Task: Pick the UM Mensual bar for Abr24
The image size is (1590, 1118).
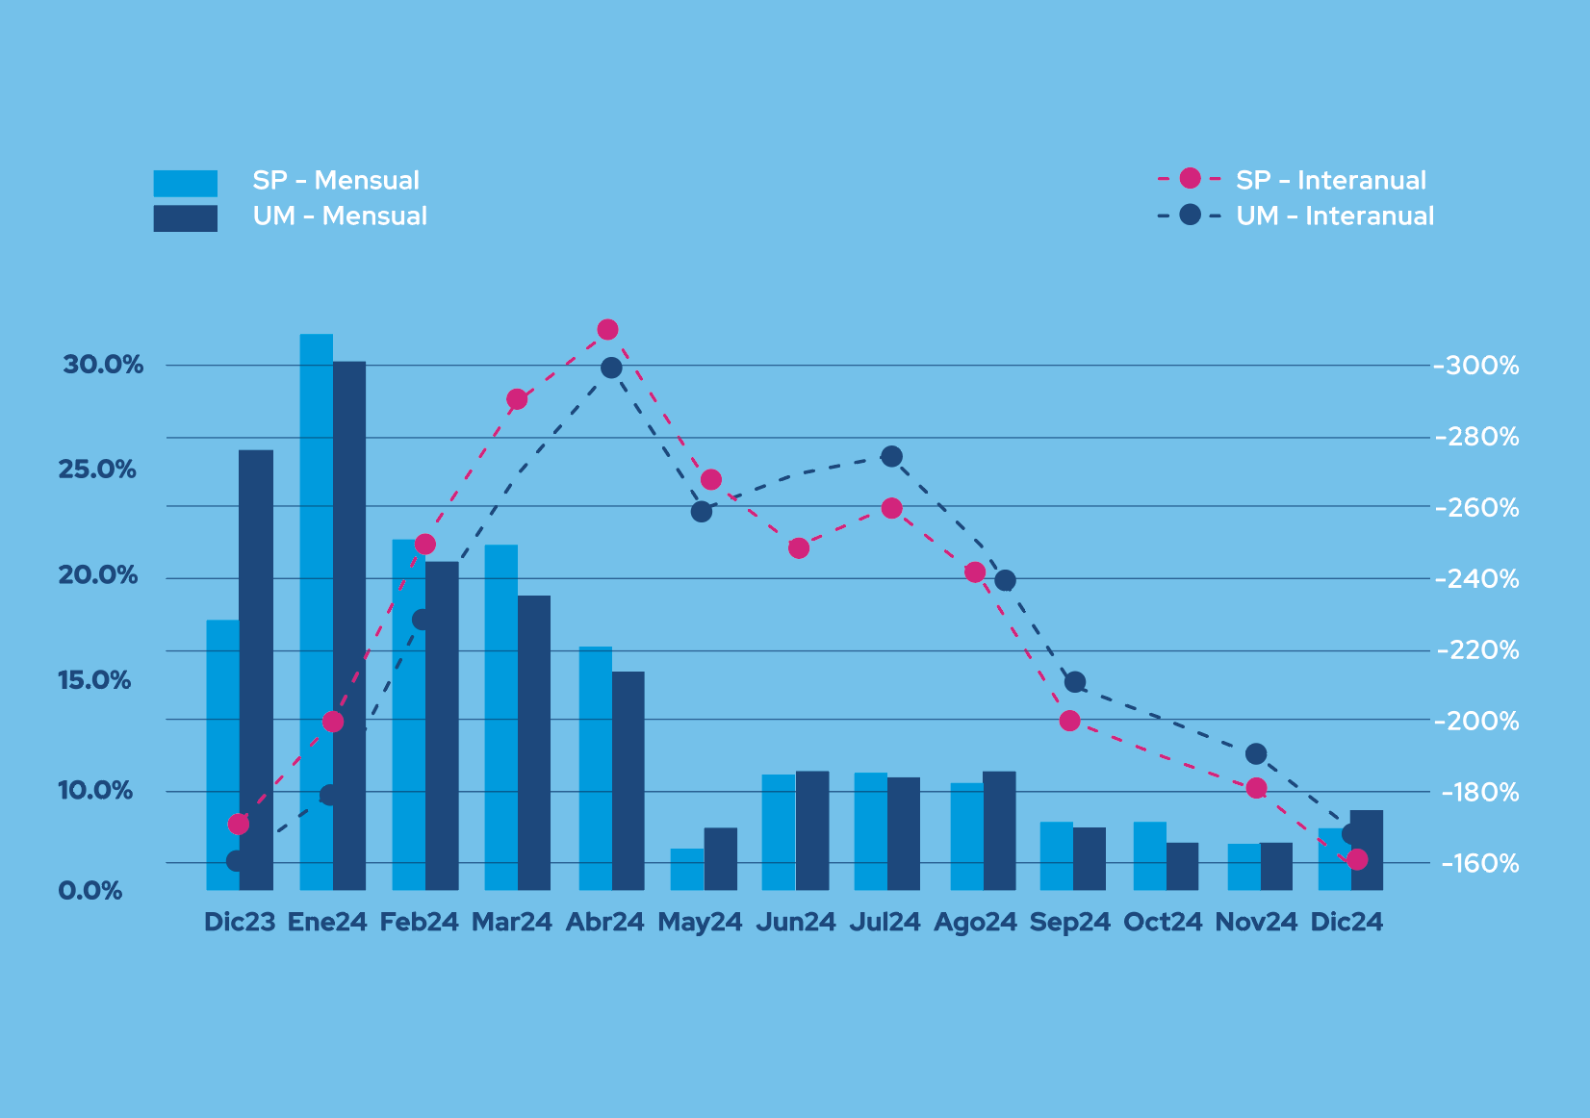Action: coord(628,780)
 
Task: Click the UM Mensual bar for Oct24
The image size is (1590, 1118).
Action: coord(1183,866)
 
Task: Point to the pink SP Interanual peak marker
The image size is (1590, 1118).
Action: coord(607,330)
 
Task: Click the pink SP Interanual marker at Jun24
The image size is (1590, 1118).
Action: coord(799,548)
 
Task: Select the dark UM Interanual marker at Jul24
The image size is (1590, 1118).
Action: coord(892,456)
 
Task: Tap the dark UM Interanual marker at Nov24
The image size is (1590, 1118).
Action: coord(1256,754)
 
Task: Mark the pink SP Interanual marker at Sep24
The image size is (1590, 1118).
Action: coord(1070,721)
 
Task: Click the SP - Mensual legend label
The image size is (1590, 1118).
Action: coord(336,181)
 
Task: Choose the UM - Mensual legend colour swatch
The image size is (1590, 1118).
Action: coord(185,218)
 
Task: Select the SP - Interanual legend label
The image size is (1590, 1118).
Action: coord(1331,181)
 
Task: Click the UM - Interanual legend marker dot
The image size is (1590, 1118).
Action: coord(1191,215)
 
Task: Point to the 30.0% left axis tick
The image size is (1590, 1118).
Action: coord(103,365)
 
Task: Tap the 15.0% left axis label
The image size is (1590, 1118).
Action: coord(94,680)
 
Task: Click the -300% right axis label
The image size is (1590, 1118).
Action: coord(1477,366)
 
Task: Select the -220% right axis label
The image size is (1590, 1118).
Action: coord(1477,650)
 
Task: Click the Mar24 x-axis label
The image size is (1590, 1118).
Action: coord(511,922)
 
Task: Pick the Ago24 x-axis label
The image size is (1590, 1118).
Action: coord(975,922)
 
